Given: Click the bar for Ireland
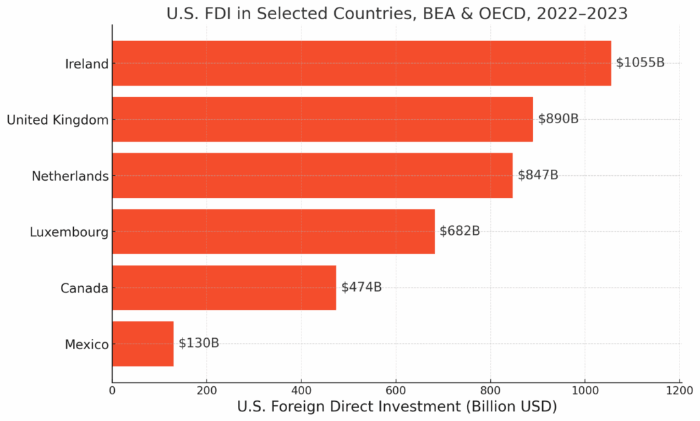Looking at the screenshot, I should [x=361, y=63].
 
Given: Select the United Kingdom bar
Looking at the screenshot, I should [x=322, y=119].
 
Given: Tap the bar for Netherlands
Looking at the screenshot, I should [x=312, y=175].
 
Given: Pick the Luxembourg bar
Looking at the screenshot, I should [x=273, y=231].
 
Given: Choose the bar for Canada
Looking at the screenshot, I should [x=224, y=288].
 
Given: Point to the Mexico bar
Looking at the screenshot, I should [x=142, y=344].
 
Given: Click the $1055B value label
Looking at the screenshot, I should [x=640, y=62].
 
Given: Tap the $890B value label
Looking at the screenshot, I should [x=558, y=118].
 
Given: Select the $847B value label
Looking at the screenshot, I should [x=537, y=175].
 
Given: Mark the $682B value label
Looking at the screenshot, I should [x=459, y=231].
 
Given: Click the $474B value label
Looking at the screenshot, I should [x=361, y=287].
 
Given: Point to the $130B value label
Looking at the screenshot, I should [x=198, y=343].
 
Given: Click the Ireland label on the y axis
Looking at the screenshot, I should [x=87, y=64].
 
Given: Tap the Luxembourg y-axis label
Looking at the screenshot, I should [x=68, y=232].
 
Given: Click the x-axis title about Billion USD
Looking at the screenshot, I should [x=396, y=407].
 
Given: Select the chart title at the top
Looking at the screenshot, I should [x=396, y=13].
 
